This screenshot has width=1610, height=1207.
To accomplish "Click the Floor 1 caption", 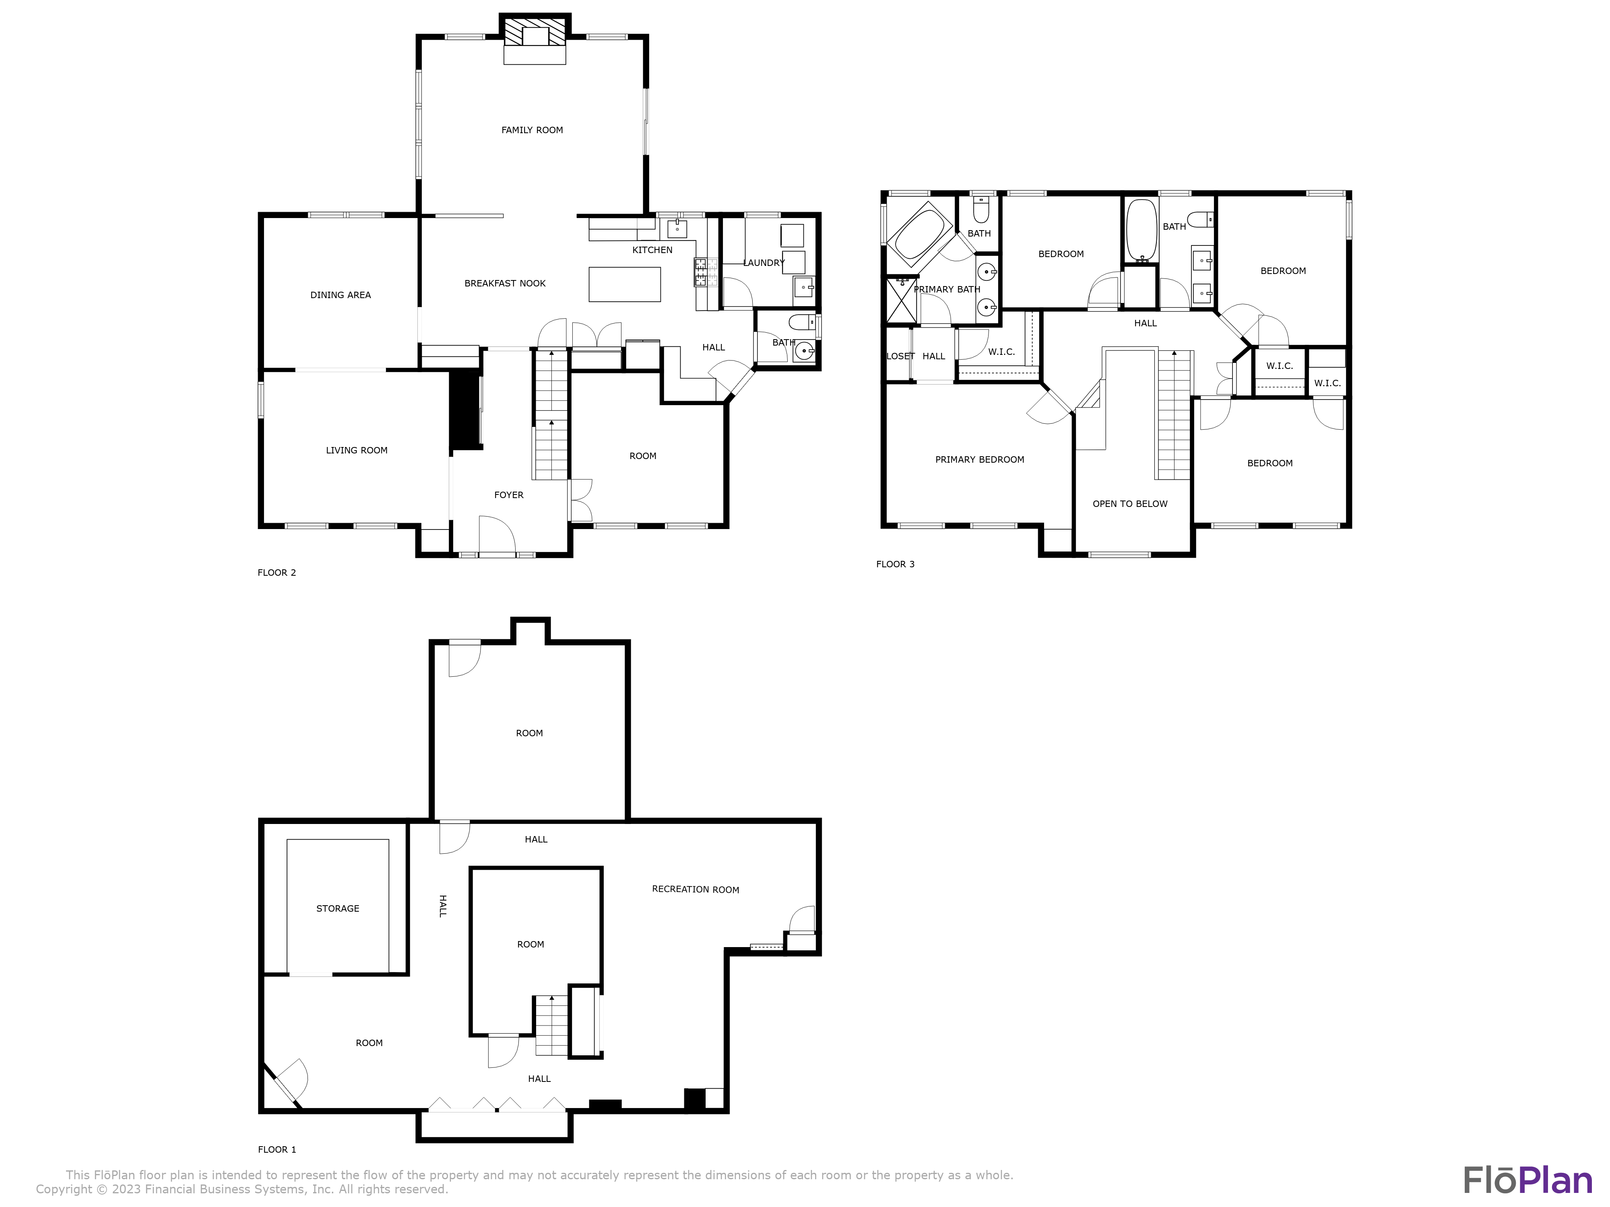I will (277, 1149).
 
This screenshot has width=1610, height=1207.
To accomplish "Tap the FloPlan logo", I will (1527, 1180).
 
